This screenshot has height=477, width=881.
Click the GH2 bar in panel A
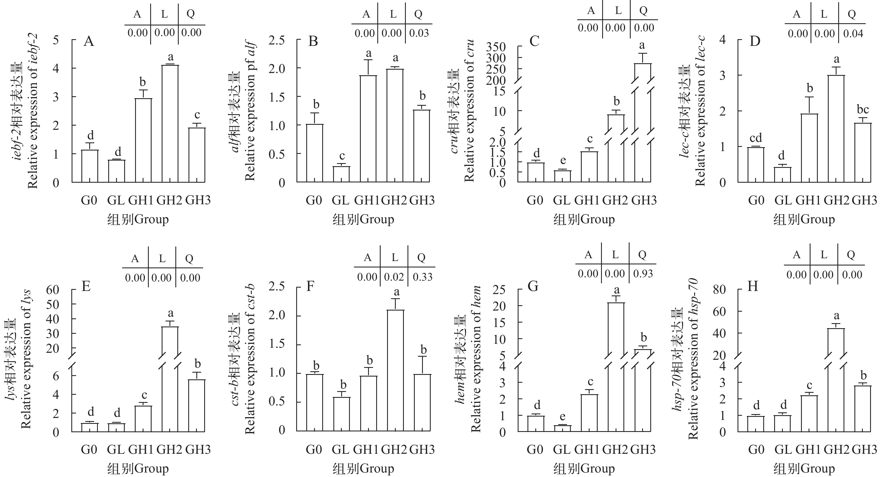(170, 123)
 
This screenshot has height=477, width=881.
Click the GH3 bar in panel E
(197, 405)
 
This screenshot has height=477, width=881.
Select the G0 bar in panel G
(536, 424)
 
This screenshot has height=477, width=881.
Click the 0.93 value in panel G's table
(643, 274)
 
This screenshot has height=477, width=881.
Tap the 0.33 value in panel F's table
(422, 276)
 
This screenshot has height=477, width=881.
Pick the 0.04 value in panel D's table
(853, 34)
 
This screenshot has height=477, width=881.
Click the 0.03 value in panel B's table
(419, 33)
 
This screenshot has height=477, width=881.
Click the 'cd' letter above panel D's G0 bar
(756, 138)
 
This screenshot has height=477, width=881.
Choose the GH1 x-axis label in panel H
(809, 449)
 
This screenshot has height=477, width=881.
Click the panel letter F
(310, 286)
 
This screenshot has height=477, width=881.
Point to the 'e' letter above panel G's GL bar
(563, 417)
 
